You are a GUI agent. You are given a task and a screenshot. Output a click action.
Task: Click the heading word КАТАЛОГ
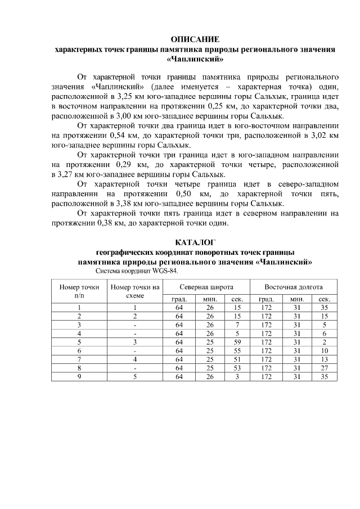tap(195, 242)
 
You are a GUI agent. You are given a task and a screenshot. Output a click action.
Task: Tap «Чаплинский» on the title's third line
tap(195, 58)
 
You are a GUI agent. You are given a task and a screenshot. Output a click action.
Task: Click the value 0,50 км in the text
tap(188, 193)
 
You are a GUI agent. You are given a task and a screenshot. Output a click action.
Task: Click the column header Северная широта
tap(206, 287)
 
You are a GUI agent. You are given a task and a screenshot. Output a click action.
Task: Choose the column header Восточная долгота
tap(293, 287)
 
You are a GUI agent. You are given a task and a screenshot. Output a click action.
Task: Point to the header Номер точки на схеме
tap(135, 291)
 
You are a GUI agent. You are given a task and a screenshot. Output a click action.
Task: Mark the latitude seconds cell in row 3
tap(237, 325)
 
